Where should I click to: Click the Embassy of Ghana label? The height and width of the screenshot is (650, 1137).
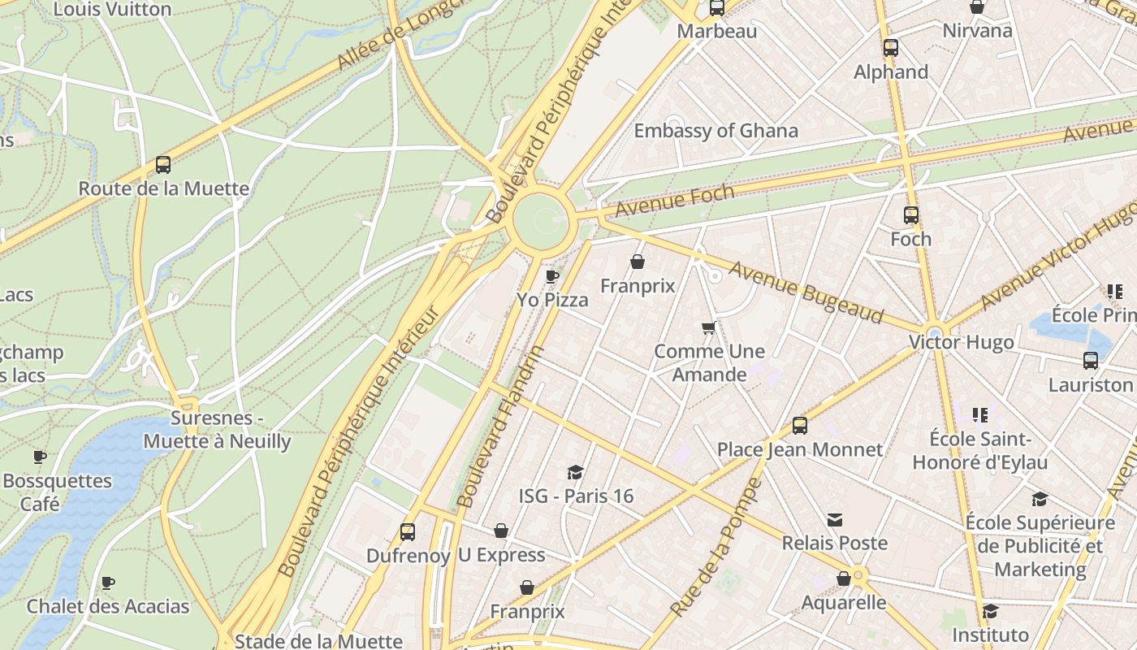[715, 131]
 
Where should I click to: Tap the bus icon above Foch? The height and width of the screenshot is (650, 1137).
[911, 215]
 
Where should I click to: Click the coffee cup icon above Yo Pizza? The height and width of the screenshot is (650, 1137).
[552, 277]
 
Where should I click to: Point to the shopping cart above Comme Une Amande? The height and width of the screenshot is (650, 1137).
[709, 328]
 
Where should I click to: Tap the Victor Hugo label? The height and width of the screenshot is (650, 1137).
[961, 343]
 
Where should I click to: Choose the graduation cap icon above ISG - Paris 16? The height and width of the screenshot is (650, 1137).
[575, 473]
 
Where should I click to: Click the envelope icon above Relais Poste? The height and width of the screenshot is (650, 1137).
[834, 520]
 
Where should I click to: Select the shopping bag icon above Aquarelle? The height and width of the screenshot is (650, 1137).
[844, 578]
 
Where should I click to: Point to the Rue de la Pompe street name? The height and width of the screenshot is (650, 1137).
[717, 547]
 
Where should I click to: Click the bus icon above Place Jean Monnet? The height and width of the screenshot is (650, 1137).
[800, 426]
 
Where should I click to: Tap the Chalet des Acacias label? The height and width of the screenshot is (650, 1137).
[108, 607]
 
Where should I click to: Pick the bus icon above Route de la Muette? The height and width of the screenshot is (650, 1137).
[163, 165]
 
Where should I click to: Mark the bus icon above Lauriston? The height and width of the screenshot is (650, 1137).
[1091, 361]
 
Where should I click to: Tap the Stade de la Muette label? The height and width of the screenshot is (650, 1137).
[318, 641]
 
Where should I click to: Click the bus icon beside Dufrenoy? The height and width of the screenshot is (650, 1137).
[408, 532]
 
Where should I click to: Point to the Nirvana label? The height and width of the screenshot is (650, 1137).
[977, 31]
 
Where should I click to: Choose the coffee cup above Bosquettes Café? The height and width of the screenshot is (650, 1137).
[40, 457]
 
